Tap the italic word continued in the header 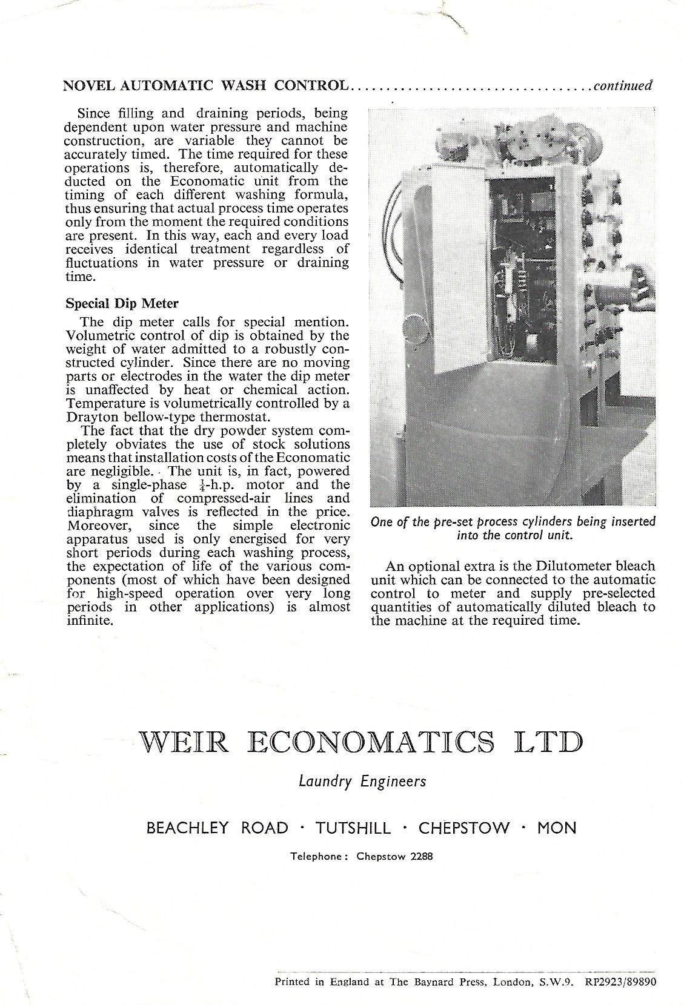(x=623, y=85)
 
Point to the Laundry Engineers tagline (x=362, y=782)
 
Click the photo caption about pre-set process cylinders (x=513, y=529)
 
